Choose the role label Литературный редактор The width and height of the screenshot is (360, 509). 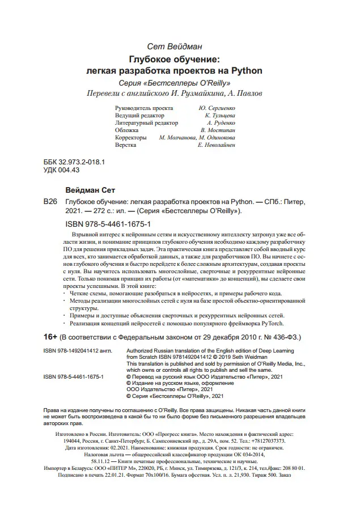146,122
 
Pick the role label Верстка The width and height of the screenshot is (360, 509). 125,145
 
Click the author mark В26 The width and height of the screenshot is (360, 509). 50,201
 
